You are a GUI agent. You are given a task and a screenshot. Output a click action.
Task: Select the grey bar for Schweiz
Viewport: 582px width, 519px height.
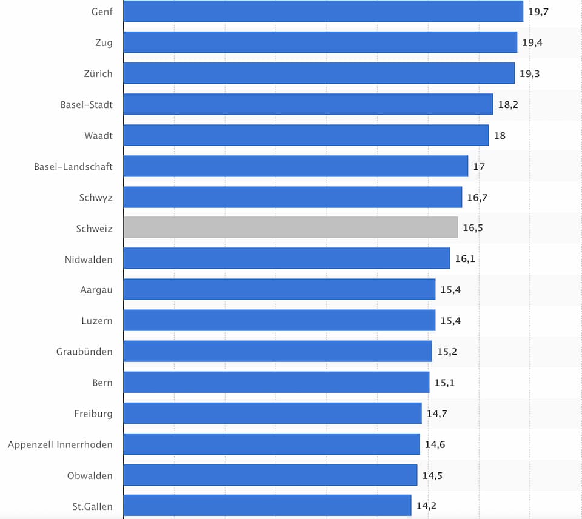pyautogui.click(x=290, y=227)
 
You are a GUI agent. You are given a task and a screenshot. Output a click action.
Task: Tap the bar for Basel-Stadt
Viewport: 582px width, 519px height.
pyautogui.click(x=308, y=104)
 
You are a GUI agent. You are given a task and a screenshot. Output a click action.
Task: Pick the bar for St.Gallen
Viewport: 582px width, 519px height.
pyautogui.click(x=267, y=506)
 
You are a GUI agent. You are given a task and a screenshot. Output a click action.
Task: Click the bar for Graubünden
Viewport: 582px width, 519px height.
pyautogui.click(x=278, y=351)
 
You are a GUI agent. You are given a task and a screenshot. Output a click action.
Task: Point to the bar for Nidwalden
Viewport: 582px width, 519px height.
pyautogui.click(x=287, y=258)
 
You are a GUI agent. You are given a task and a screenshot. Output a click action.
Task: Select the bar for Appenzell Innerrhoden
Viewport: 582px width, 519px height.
pyautogui.click(x=272, y=444)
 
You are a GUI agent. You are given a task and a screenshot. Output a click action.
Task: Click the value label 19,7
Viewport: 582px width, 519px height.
pyautogui.click(x=538, y=12)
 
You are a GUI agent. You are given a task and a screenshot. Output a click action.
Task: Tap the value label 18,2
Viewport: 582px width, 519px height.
pyautogui.click(x=508, y=104)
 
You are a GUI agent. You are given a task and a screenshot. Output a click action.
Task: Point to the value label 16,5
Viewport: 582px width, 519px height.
pyautogui.click(x=473, y=228)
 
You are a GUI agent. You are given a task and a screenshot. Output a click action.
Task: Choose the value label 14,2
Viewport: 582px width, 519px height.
pyautogui.click(x=426, y=506)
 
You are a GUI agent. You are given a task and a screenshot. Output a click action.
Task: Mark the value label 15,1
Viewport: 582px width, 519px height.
pyautogui.click(x=444, y=383)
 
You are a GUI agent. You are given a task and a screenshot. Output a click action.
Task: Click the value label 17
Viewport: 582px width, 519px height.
pyautogui.click(x=479, y=166)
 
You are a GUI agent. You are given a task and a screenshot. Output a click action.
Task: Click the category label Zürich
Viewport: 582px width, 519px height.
pyautogui.click(x=98, y=73)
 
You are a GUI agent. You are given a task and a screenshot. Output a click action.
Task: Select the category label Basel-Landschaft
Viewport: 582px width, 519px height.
pyautogui.click(x=73, y=166)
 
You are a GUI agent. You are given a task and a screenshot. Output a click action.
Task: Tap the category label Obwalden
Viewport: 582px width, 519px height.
pyautogui.click(x=90, y=475)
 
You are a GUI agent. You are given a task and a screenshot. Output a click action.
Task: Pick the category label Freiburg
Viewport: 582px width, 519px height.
pyautogui.click(x=93, y=414)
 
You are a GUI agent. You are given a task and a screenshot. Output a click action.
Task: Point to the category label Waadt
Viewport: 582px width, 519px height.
pyautogui.click(x=99, y=135)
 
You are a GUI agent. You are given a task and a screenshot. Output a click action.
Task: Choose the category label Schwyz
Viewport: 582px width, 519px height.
pyautogui.click(x=96, y=197)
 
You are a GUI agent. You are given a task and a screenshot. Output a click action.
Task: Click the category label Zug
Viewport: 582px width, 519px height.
pyautogui.click(x=103, y=42)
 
